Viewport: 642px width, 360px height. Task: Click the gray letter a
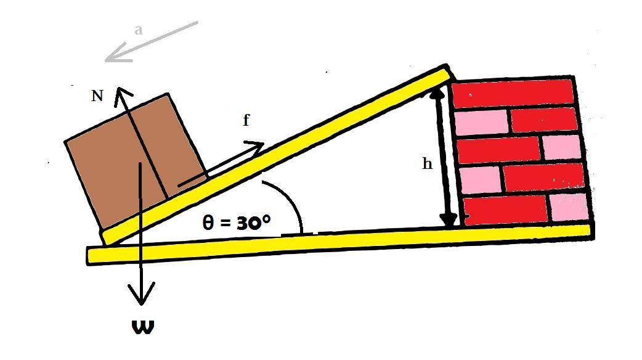[x=139, y=29]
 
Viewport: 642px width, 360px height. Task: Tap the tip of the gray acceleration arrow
[x=107, y=60]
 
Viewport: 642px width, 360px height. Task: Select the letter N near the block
[x=97, y=96]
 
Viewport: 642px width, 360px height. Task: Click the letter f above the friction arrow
[x=246, y=120]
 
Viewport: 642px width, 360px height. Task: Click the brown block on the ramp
[x=136, y=157]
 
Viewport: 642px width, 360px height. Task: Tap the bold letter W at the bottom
[x=143, y=327]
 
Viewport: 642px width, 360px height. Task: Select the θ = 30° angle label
[x=237, y=222]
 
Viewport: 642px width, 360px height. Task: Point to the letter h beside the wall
[x=427, y=164]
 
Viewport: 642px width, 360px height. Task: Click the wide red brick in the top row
[x=513, y=93]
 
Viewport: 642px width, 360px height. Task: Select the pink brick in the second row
[x=481, y=121]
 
